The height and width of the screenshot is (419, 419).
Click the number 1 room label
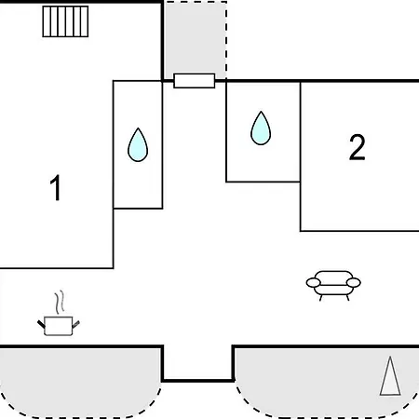click(x=56, y=187)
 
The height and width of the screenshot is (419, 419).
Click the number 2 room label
click(x=357, y=147)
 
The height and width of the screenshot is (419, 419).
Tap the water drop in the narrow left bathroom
click(x=138, y=145)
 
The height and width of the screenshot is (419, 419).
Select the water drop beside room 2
click(x=261, y=128)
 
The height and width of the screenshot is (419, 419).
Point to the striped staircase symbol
click(x=65, y=21)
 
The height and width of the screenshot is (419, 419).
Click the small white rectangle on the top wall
click(x=195, y=81)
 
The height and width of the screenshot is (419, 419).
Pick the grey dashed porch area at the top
click(x=196, y=40)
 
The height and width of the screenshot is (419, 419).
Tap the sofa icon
click(x=333, y=286)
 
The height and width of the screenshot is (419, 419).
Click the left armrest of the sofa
click(x=313, y=283)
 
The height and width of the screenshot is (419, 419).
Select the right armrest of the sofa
click(x=354, y=283)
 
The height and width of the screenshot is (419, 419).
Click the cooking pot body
click(x=59, y=326)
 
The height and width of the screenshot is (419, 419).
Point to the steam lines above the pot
click(x=60, y=302)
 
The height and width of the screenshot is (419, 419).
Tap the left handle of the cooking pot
click(x=41, y=324)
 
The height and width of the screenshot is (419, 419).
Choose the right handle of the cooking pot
click(x=76, y=324)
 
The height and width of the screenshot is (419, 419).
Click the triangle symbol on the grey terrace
click(x=390, y=376)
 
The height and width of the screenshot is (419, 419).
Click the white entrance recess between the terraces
click(x=197, y=361)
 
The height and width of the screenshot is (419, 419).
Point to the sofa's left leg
click(x=320, y=298)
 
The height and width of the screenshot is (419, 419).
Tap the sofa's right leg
click(x=347, y=298)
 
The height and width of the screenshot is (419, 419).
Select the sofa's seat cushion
click(x=333, y=290)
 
